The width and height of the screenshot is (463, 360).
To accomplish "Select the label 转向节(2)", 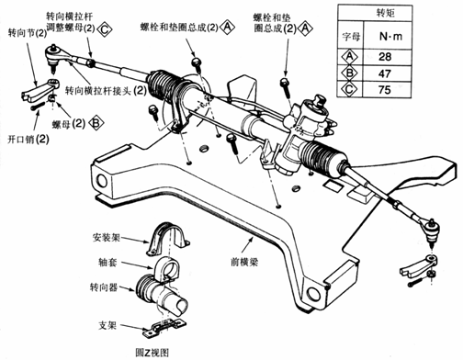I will click(24, 30).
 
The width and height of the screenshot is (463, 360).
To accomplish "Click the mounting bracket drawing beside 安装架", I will click(165, 240).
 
